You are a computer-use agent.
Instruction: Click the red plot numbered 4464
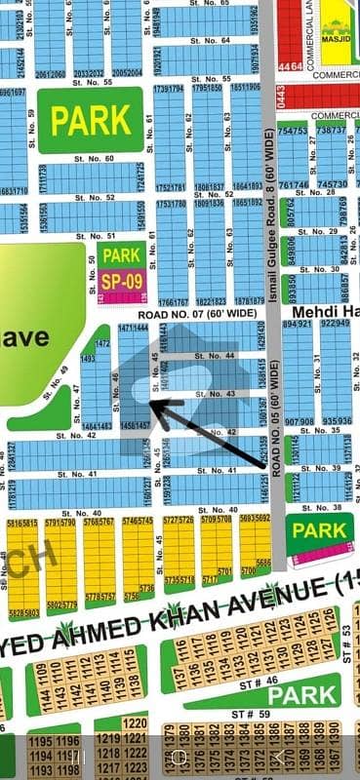click(x=290, y=66)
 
